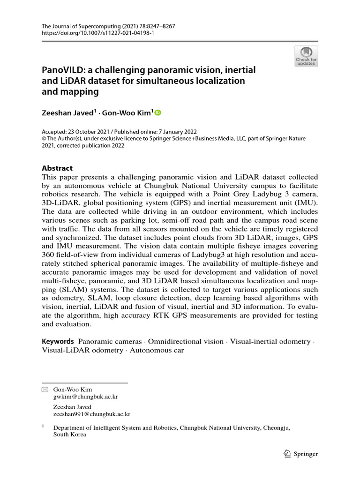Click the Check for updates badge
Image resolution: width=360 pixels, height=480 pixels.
point(306,56)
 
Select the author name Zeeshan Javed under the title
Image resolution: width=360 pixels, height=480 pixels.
point(69,112)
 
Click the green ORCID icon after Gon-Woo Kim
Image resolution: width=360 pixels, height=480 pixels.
point(157,112)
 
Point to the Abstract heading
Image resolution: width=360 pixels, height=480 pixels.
point(57,168)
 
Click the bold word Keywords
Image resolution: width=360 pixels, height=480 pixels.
point(58,341)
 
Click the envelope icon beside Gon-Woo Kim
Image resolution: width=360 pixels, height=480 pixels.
point(45,390)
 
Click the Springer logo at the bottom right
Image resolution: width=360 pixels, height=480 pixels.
point(301,453)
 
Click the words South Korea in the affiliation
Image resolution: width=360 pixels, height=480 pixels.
point(70,435)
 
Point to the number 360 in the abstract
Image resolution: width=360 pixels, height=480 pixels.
point(51,255)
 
